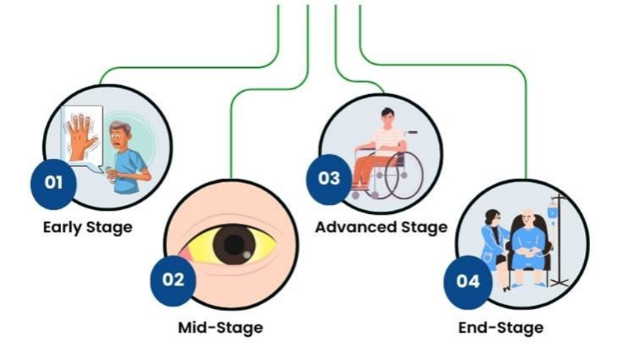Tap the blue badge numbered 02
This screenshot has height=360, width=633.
coord(173,280)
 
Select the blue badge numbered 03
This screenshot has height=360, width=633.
coord(329,179)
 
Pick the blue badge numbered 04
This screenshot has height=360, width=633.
coord(468,282)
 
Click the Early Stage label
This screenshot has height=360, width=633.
coord(87,227)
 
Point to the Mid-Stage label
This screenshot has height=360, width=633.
coord(221,328)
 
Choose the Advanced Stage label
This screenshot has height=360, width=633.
coord(381,227)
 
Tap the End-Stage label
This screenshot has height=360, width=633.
coord(501,328)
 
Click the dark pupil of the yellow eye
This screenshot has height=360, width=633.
coord(234,245)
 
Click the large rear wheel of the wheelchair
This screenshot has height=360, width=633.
coord(403,175)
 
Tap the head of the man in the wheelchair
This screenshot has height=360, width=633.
coord(387,117)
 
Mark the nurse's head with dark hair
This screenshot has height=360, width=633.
coord(493,218)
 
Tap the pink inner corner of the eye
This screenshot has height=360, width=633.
coord(184,255)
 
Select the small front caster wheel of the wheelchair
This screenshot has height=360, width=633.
coord(355,196)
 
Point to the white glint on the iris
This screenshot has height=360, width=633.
coord(246,255)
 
